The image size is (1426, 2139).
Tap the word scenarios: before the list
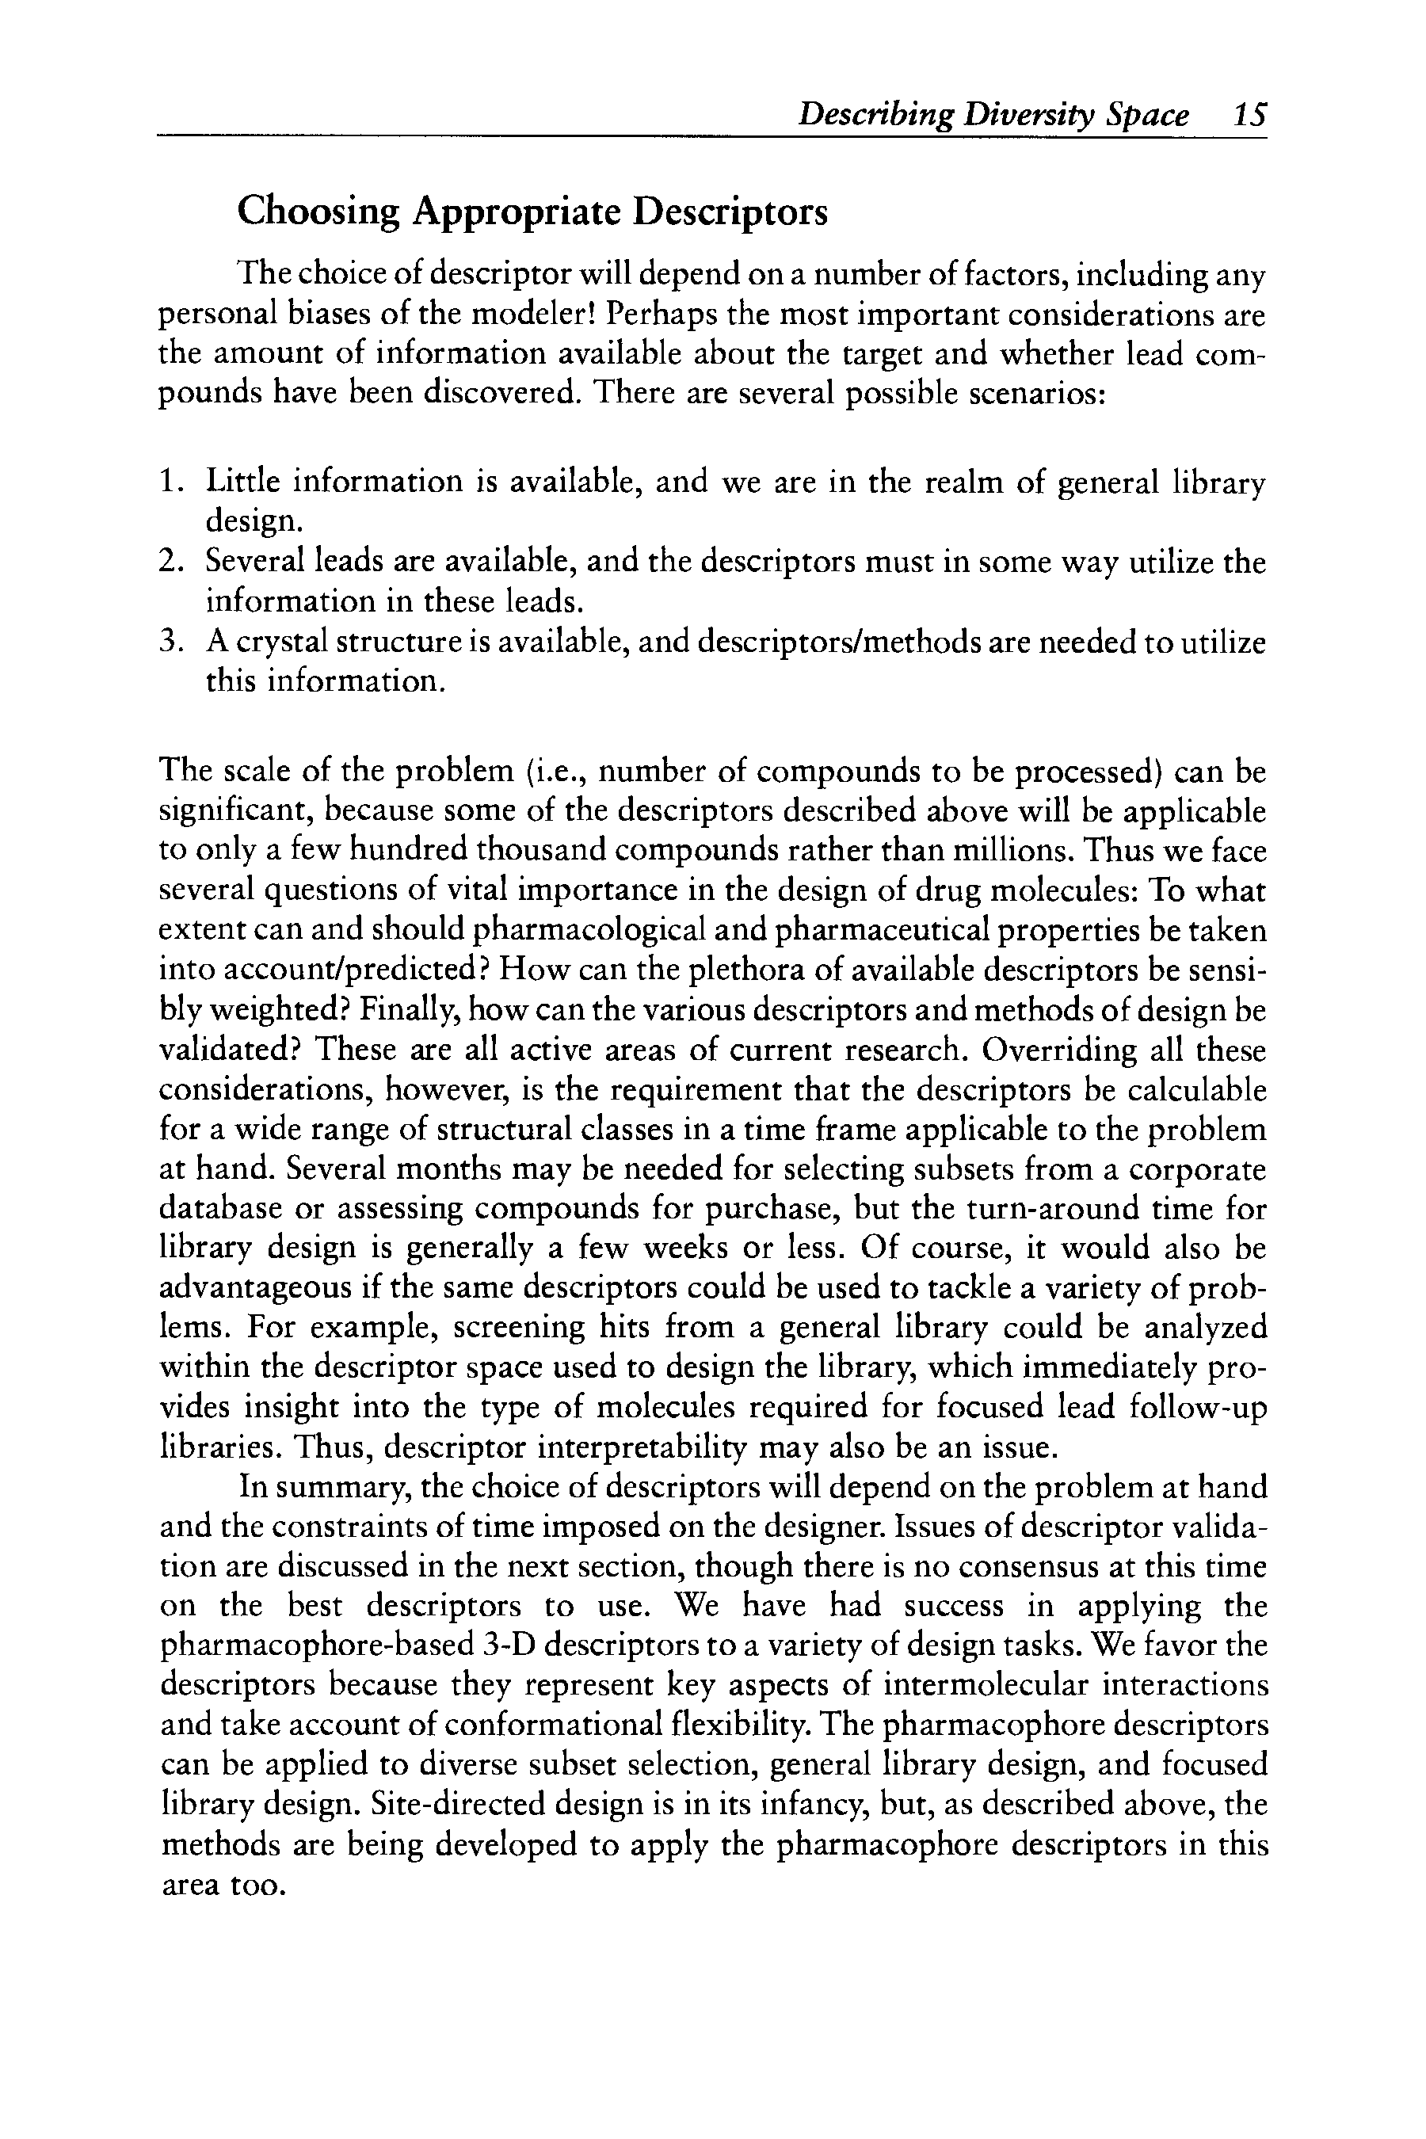pyautogui.click(x=1038, y=394)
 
